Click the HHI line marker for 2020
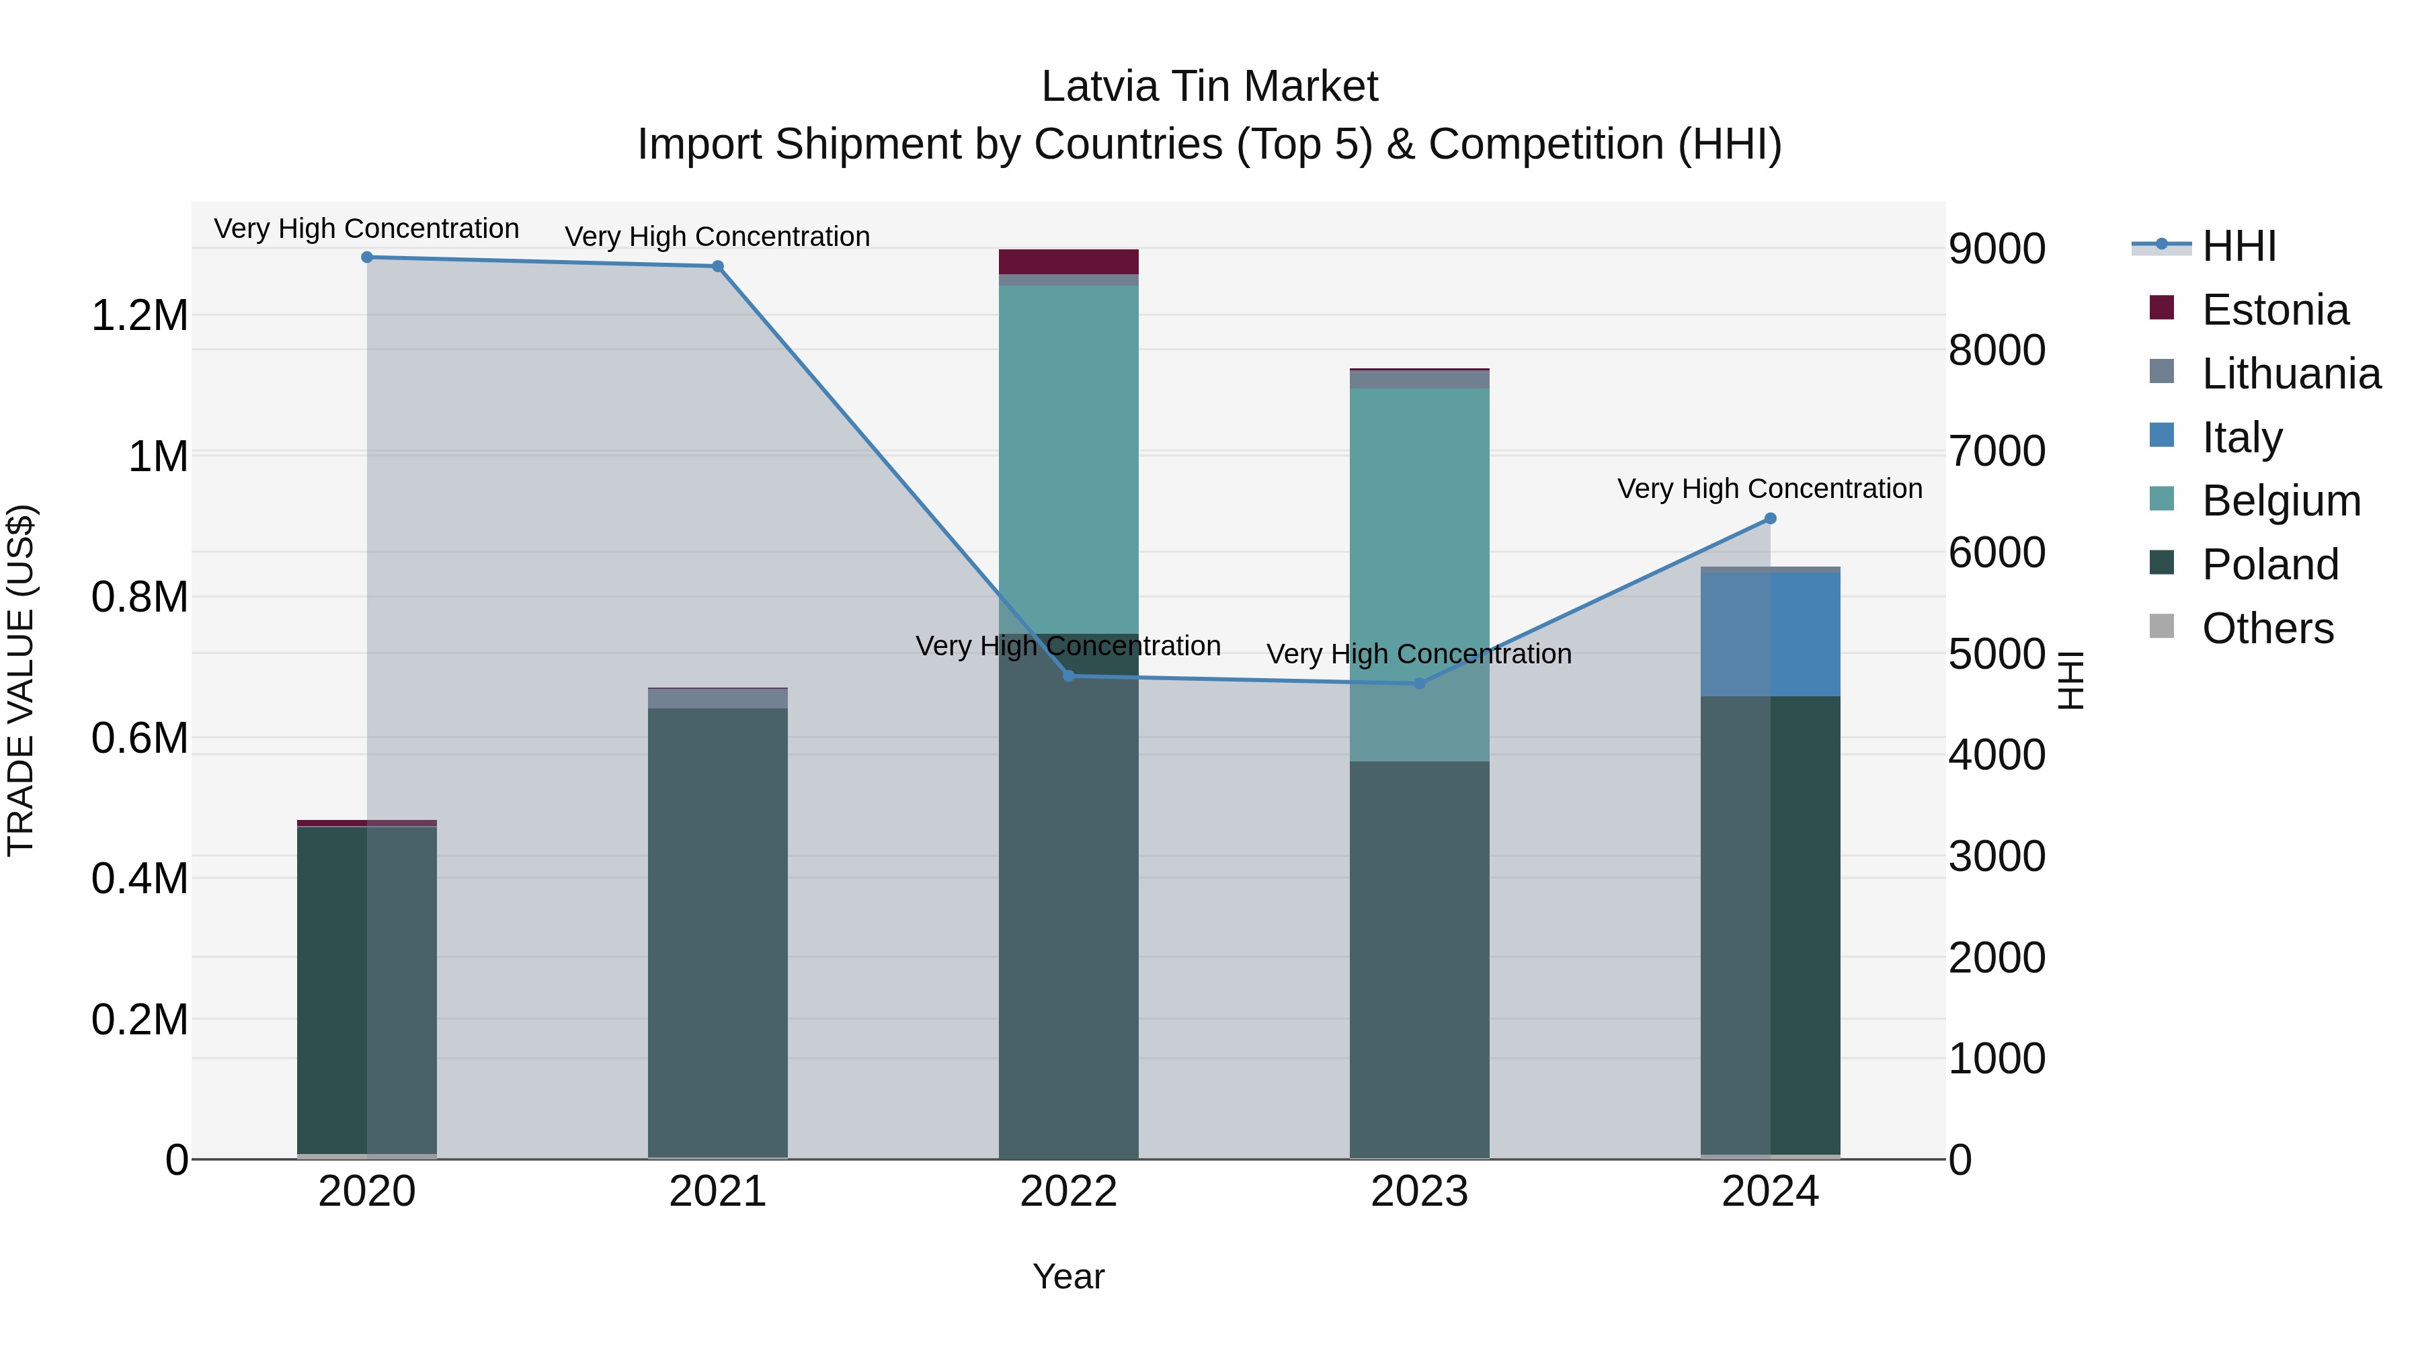tap(367, 257)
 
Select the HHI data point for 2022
tap(1068, 676)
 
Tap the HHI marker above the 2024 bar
tap(1770, 518)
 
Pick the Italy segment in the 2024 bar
tap(1770, 634)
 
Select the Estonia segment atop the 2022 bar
tap(1068, 261)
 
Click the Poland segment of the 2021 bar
tap(718, 930)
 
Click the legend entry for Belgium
tap(2281, 501)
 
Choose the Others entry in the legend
tap(2267, 628)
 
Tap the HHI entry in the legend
tap(2238, 246)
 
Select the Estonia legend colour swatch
tap(2162, 308)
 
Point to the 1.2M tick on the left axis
tap(139, 316)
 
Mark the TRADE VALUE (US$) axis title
tap(21, 680)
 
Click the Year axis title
tap(1068, 1276)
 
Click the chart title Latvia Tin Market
tap(1209, 87)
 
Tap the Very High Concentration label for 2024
tap(1769, 489)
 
